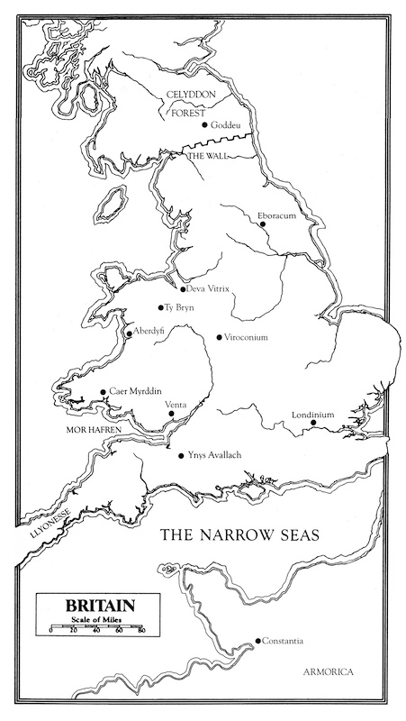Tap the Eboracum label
(276, 214)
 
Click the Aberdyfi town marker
(130, 333)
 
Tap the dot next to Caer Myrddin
(102, 392)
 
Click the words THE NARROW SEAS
(239, 534)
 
